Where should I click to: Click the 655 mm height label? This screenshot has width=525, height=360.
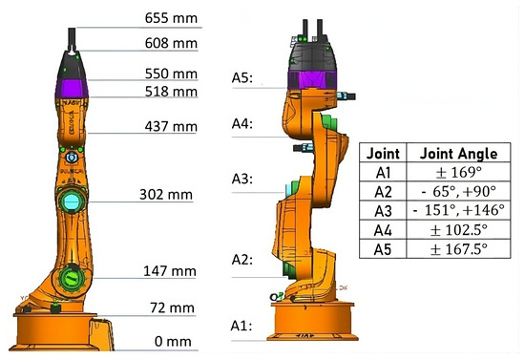[173, 18]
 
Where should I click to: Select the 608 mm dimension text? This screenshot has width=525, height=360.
[173, 43]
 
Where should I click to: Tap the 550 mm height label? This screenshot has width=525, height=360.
[173, 73]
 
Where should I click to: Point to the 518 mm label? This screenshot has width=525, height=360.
[173, 92]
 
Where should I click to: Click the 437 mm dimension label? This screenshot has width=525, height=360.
[173, 125]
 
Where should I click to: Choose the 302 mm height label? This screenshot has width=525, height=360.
[173, 195]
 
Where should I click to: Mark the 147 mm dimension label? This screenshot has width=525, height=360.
[173, 271]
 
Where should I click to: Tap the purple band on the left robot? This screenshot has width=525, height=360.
[73, 91]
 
